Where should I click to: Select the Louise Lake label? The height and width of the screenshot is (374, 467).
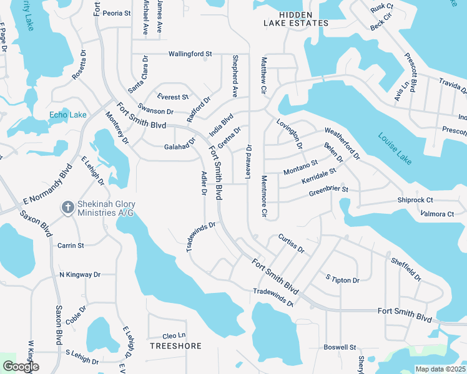coord(395,148)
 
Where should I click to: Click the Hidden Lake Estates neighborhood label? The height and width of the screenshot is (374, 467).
coord(295,19)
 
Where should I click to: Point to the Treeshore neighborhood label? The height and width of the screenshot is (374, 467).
coord(175,345)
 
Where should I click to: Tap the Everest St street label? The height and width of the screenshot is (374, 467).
coord(173,97)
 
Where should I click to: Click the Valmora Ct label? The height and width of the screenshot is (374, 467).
coord(437,214)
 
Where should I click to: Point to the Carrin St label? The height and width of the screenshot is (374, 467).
coord(71,246)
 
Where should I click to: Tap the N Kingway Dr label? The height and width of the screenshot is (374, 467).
coord(79,274)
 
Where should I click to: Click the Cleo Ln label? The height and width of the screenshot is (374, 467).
coord(174,335)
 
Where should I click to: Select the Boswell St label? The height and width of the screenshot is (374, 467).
coord(340,347)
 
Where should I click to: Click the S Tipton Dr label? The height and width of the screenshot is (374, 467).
coord(343,279)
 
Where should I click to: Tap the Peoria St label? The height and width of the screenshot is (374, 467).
coord(117,12)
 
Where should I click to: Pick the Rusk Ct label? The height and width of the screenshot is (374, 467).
coord(381,8)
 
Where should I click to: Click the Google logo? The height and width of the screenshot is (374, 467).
coord(21,367)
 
